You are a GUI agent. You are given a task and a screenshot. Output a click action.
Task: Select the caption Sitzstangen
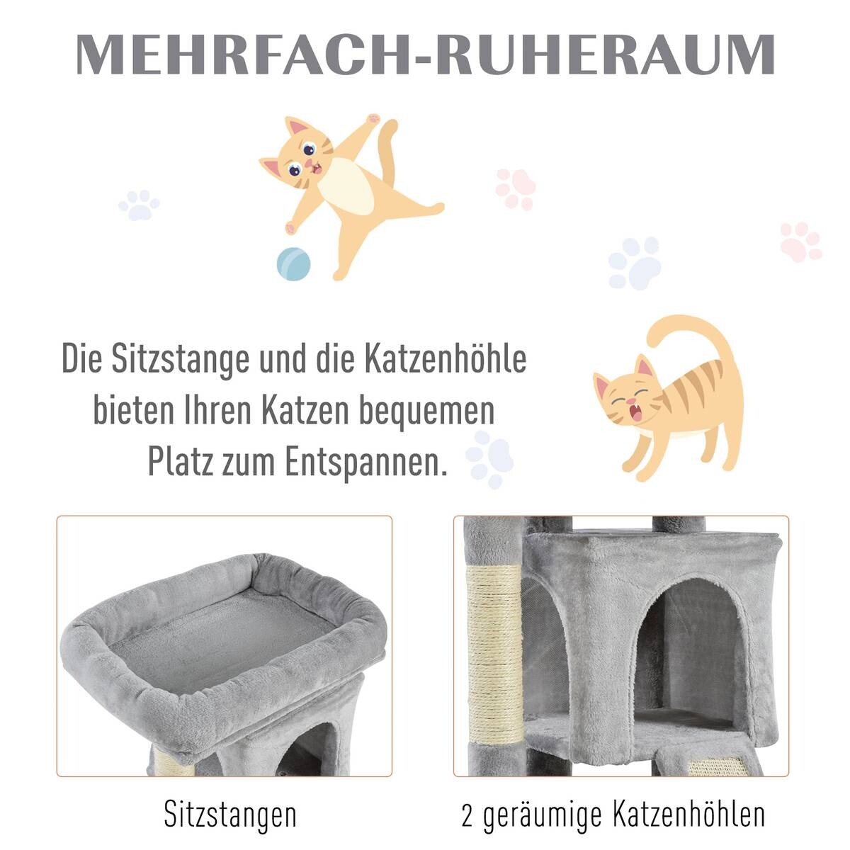coord(230,815)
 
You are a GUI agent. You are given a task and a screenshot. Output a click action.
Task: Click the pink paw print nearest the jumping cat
coord(515,188)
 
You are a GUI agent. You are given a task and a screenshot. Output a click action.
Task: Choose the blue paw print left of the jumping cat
coord(139,205)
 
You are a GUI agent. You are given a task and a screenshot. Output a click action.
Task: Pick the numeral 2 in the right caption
coord(467,815)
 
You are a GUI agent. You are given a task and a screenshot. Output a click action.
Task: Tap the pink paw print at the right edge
coord(800,242)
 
